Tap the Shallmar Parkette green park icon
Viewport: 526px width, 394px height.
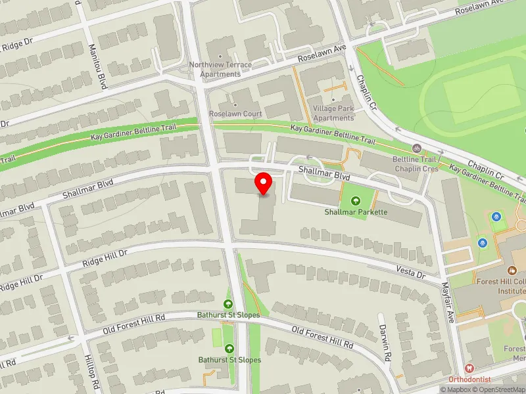(x=355, y=200)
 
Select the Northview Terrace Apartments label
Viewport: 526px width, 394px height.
(x=220, y=69)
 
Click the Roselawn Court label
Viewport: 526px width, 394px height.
(x=235, y=114)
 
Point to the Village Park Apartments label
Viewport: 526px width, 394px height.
(x=333, y=113)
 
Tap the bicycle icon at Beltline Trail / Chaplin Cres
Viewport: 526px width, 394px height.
(x=416, y=149)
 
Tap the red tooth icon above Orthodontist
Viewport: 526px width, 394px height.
(x=469, y=369)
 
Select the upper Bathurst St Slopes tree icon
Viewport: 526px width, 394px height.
(x=228, y=303)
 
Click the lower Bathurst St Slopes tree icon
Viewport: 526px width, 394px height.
(x=229, y=348)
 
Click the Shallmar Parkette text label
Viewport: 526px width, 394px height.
(x=355, y=212)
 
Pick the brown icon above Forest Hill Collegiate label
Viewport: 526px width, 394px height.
(x=511, y=270)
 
